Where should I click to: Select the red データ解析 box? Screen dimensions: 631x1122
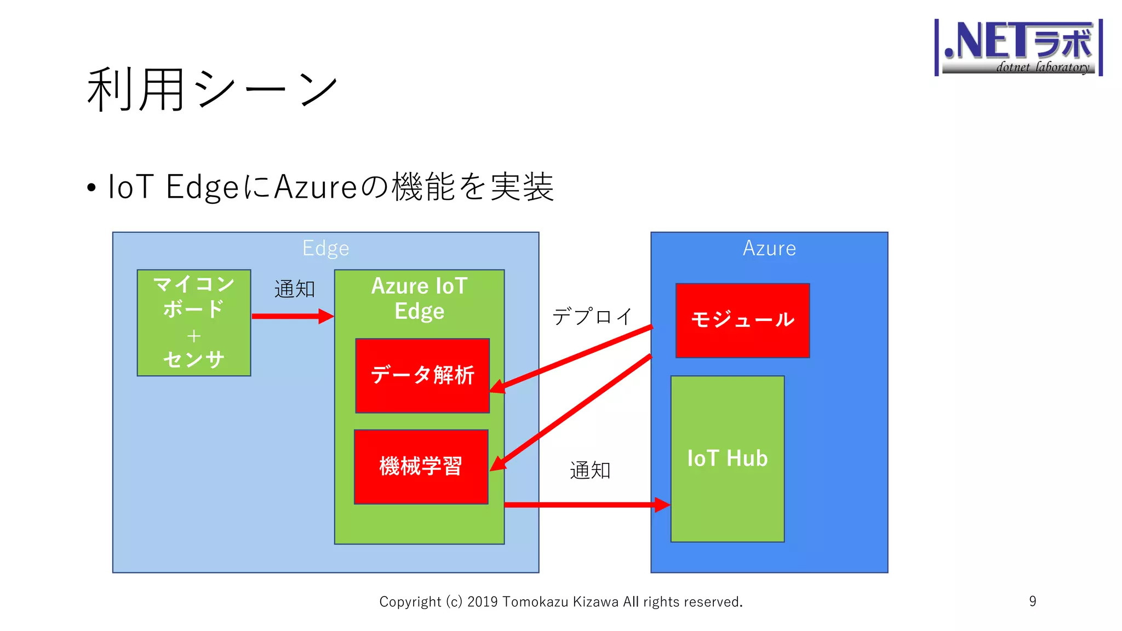pyautogui.click(x=422, y=376)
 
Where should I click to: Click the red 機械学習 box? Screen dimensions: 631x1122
pyautogui.click(x=421, y=467)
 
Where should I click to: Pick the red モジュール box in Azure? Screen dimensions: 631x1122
pyautogui.click(x=742, y=320)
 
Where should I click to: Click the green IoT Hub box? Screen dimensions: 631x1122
pyautogui.click(x=727, y=458)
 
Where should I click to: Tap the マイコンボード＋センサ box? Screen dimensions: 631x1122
pyautogui.click(x=194, y=323)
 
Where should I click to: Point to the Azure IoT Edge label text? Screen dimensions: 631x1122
pyautogui.click(x=419, y=299)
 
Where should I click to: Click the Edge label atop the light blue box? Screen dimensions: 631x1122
pyautogui.click(x=325, y=249)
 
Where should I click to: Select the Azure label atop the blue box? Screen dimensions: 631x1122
pyautogui.click(x=769, y=249)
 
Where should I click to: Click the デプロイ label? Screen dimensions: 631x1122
pyautogui.click(x=592, y=317)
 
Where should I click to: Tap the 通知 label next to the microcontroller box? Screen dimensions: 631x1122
pyautogui.click(x=295, y=289)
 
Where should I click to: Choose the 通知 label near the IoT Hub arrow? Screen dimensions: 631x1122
pyautogui.click(x=590, y=470)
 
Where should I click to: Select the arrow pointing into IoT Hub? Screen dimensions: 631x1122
pyautogui.click(x=586, y=504)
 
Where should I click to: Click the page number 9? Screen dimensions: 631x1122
pyautogui.click(x=1032, y=601)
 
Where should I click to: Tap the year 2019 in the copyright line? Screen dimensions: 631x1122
pyautogui.click(x=482, y=602)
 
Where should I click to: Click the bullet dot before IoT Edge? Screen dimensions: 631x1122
pyautogui.click(x=91, y=188)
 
